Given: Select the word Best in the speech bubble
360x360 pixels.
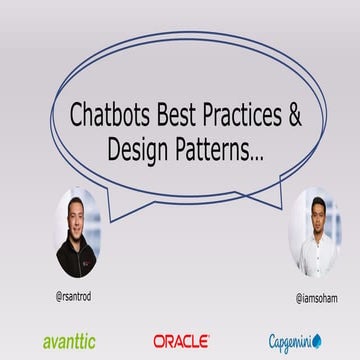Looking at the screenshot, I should pos(184,115).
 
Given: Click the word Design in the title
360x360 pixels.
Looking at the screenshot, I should pos(138,149).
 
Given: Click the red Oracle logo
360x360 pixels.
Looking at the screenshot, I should pos(181,341).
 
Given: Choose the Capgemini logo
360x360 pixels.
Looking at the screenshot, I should pos(294,341).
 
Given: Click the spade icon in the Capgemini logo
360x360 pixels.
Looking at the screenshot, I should pos(317,341).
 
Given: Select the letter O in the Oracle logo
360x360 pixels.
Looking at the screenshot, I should pos(160,341).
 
